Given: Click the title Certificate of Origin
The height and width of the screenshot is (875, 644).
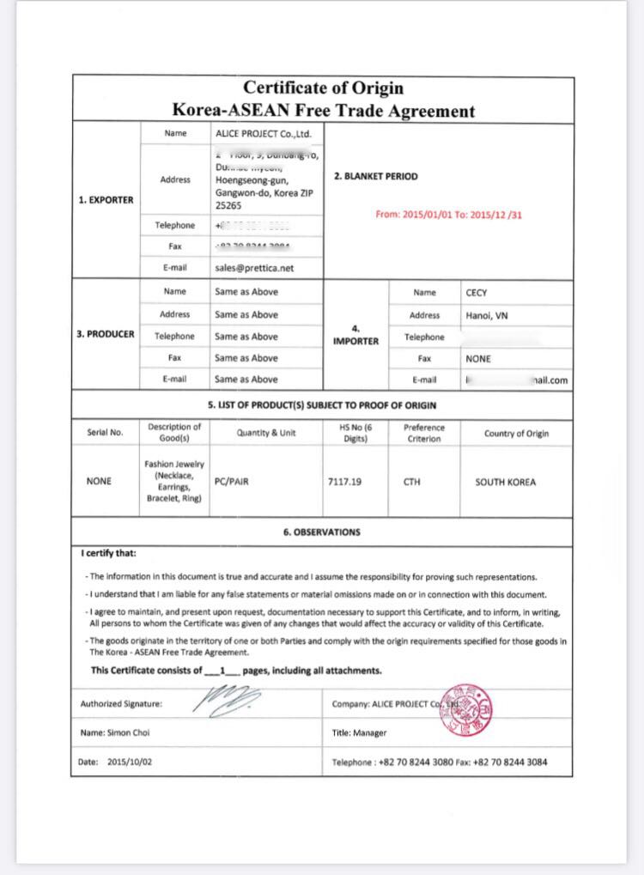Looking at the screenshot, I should point(323,88).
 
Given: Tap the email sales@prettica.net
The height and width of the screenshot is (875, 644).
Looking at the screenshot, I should point(254,268).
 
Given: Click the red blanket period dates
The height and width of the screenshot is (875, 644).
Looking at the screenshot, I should point(448,215).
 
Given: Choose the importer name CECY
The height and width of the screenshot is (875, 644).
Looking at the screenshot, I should point(477,293).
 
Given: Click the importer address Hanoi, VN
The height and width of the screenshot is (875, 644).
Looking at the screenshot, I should point(487,315).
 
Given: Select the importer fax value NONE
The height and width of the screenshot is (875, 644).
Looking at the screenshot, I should point(478,359).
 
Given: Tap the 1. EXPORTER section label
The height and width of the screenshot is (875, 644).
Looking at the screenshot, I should point(106,199).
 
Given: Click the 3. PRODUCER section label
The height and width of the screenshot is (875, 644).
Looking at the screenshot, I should point(106,335).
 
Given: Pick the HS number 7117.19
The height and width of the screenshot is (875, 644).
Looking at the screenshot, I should point(344,482).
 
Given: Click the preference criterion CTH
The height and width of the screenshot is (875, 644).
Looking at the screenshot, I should point(411,482).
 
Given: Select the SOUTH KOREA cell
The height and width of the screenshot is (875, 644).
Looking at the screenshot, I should point(505,482).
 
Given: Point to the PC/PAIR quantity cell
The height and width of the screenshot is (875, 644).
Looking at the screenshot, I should point(232,482).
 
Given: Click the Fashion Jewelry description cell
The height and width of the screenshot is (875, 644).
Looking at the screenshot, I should point(174,482).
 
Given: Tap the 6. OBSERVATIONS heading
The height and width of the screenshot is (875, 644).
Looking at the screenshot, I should point(322,532).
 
